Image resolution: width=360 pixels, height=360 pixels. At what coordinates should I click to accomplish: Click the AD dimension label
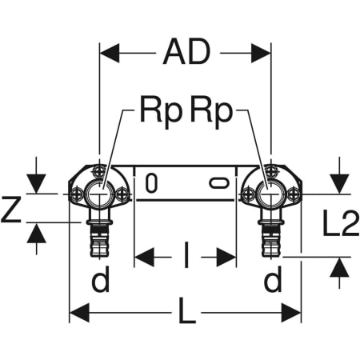point(186,51)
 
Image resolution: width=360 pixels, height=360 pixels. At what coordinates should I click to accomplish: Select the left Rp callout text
point(161,112)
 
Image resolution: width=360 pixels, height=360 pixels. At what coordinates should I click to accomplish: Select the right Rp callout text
point(211,112)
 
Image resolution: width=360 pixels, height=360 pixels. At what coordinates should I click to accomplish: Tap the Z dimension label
point(11,209)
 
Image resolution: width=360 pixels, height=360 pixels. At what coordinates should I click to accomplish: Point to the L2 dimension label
point(340,222)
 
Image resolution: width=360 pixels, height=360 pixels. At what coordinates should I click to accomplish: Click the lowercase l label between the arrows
point(186,255)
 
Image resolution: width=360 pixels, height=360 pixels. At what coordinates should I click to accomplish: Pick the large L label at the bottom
point(186,310)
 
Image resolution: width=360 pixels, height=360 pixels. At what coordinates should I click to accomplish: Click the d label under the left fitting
point(101,279)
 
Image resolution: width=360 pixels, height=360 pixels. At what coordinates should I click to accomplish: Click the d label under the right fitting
point(273,279)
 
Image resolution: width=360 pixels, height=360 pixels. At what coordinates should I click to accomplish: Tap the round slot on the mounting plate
point(151,183)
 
